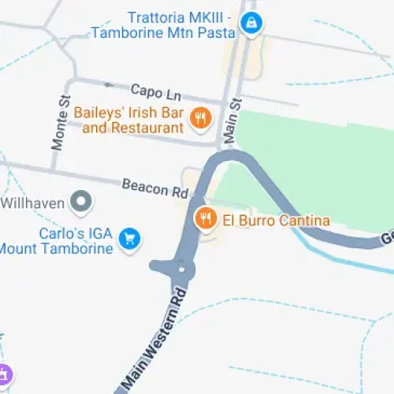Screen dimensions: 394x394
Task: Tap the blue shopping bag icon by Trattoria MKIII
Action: (x=251, y=23)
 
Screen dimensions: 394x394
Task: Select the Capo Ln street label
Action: (x=151, y=91)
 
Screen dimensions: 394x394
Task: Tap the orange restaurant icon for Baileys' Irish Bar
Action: (x=200, y=120)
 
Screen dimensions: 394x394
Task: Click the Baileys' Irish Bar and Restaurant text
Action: (x=129, y=121)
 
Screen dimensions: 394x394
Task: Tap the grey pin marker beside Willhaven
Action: (x=80, y=203)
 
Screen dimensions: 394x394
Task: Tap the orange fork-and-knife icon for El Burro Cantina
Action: (x=206, y=218)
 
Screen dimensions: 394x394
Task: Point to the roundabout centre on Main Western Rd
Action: (x=183, y=270)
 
